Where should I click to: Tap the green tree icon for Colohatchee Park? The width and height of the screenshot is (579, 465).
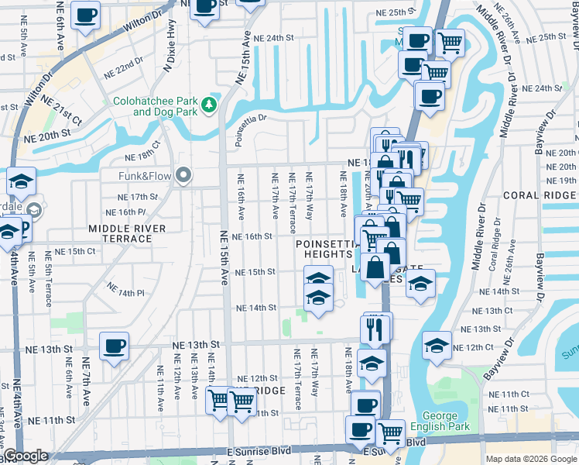click(207, 104)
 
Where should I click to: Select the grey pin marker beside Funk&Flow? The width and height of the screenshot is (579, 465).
click(183, 175)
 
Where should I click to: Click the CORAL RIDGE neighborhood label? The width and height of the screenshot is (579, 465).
click(540, 195)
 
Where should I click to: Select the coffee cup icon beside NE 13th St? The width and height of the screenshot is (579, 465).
click(114, 346)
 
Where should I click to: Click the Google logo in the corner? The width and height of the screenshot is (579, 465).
click(25, 456)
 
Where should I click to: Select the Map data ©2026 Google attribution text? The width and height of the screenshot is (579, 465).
click(531, 459)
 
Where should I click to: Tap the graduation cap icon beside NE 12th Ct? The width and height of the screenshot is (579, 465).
click(437, 346)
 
